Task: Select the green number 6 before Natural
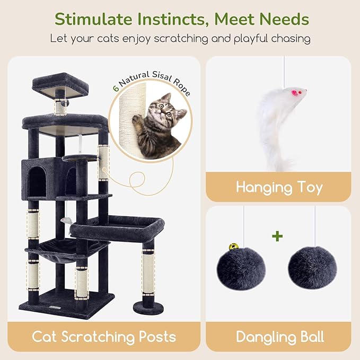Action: coord(116,88)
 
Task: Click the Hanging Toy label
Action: coord(279,187)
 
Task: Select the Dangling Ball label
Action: coord(279,336)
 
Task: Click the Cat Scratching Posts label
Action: coord(104,336)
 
